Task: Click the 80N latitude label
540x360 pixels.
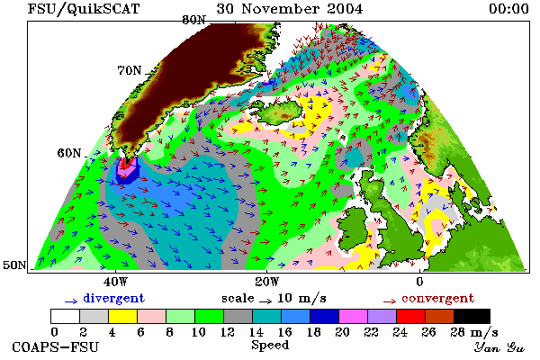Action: pyautogui.click(x=193, y=20)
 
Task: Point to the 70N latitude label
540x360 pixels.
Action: pyautogui.click(x=130, y=70)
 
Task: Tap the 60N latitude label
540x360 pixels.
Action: pyautogui.click(x=69, y=153)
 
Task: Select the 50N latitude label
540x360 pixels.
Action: pyautogui.click(x=14, y=265)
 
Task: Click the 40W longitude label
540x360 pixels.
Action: pyautogui.click(x=115, y=282)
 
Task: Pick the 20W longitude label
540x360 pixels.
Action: pyautogui.click(x=267, y=282)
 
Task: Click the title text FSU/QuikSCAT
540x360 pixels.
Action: pyautogui.click(x=84, y=9)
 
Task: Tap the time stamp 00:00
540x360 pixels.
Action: pyautogui.click(x=508, y=9)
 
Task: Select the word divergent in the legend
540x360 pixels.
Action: pyautogui.click(x=113, y=298)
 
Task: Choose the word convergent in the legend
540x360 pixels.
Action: pyautogui.click(x=437, y=298)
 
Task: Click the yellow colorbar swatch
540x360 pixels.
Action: pyautogui.click(x=123, y=316)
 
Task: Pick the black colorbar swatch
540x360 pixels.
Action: pyautogui.click(x=472, y=316)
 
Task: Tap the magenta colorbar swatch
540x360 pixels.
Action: pyautogui.click(x=353, y=316)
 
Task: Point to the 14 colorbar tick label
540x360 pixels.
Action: pyautogui.click(x=256, y=332)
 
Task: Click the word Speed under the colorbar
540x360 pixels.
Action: pyautogui.click(x=270, y=346)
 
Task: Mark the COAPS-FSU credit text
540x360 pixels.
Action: pyautogui.click(x=56, y=346)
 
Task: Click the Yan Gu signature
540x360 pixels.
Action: pyautogui.click(x=499, y=346)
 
